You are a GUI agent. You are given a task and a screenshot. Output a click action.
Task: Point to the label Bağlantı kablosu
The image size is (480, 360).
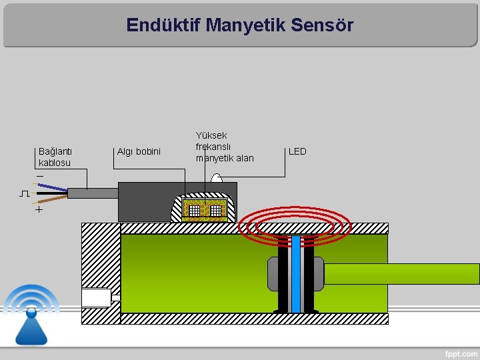coord(55,157)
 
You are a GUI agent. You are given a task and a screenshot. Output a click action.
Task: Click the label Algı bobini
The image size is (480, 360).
coord(139,151)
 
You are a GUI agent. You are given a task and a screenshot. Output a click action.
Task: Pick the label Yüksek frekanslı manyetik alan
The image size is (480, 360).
coord(224,147)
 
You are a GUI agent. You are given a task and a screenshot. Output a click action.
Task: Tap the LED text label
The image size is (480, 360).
coord(297,151)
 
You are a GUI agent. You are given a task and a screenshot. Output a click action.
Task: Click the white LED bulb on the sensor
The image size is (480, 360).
coord(217,178)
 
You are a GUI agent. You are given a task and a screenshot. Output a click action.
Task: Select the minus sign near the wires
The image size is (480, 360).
coord(40,175)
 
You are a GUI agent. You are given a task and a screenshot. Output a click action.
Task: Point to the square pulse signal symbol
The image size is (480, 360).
coord(24,193)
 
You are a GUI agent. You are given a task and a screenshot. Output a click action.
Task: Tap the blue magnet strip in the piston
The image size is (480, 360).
coord(295,273)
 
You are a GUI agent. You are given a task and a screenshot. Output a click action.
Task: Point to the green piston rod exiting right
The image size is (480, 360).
coord(400,273)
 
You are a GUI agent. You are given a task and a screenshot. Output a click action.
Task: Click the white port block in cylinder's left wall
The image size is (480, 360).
coord(96,297)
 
